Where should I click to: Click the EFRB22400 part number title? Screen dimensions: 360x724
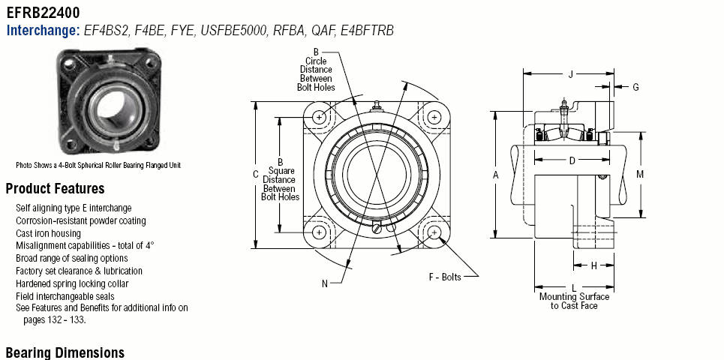(44, 13)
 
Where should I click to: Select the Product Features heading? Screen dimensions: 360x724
(55, 189)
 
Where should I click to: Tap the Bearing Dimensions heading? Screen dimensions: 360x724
(65, 352)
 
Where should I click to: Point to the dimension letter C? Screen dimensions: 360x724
(256, 174)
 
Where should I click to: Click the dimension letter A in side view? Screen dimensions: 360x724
(495, 174)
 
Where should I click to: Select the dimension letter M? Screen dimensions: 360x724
(640, 174)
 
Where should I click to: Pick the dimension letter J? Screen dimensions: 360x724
(571, 74)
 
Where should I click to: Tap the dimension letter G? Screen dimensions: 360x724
(635, 87)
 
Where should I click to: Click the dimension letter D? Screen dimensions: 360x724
(572, 160)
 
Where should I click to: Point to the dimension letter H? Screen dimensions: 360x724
(593, 265)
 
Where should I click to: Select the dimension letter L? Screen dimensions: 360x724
(574, 288)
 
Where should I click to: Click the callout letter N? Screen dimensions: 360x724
(325, 283)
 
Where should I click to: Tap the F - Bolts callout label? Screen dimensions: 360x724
(445, 277)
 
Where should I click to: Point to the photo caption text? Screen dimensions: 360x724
(98, 165)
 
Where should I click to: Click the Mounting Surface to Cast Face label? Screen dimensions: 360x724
(574, 301)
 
